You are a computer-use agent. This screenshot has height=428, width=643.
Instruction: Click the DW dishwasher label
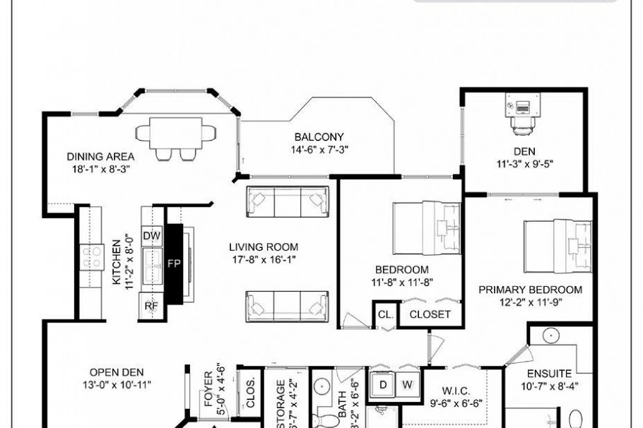click(x=151, y=235)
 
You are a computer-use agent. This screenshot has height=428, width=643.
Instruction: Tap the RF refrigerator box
click(x=151, y=306)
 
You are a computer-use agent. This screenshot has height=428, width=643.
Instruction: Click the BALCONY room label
click(x=319, y=137)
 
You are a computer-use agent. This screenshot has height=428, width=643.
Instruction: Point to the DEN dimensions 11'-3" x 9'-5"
click(x=524, y=163)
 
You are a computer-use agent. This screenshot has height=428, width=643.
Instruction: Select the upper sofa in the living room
click(x=288, y=202)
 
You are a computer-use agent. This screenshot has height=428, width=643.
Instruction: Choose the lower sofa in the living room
click(x=287, y=305)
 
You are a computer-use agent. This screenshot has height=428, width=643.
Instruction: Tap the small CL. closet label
click(x=385, y=314)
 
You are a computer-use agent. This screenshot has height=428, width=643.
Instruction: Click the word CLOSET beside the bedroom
click(x=430, y=314)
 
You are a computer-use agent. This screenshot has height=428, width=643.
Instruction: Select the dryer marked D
click(x=384, y=384)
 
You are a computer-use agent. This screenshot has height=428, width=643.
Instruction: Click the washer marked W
click(x=408, y=384)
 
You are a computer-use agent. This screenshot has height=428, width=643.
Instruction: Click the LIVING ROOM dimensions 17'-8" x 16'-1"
click(x=264, y=258)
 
